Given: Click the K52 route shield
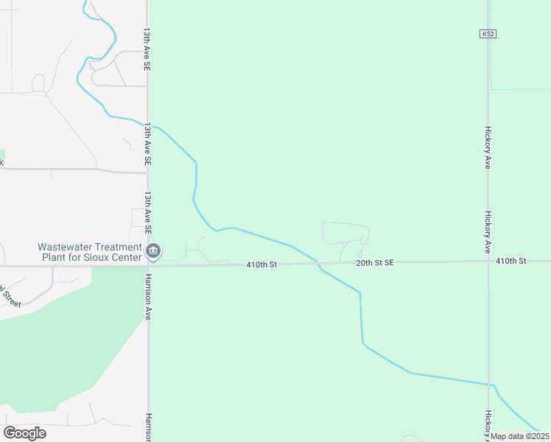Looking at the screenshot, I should tap(487, 34).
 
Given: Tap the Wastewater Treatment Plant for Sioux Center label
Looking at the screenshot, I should tap(91, 252).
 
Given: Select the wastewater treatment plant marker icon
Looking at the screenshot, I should tap(153, 252).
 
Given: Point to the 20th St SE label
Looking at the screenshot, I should tap(376, 262).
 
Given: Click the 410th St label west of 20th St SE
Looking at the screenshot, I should tap(261, 264).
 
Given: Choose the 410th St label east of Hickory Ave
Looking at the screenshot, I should tap(511, 261).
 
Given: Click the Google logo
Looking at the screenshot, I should tap(25, 433).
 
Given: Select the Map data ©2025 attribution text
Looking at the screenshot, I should tap(520, 436).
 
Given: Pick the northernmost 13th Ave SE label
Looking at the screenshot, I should tap(147, 51).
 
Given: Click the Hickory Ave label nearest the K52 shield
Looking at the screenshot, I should tap(488, 147).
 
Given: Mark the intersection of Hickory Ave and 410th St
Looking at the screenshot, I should tap(488, 262).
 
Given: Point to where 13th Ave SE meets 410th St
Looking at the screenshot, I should tap(148, 264).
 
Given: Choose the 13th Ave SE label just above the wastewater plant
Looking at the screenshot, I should tap(147, 213).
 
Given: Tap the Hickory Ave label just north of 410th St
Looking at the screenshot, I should tap(488, 232).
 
